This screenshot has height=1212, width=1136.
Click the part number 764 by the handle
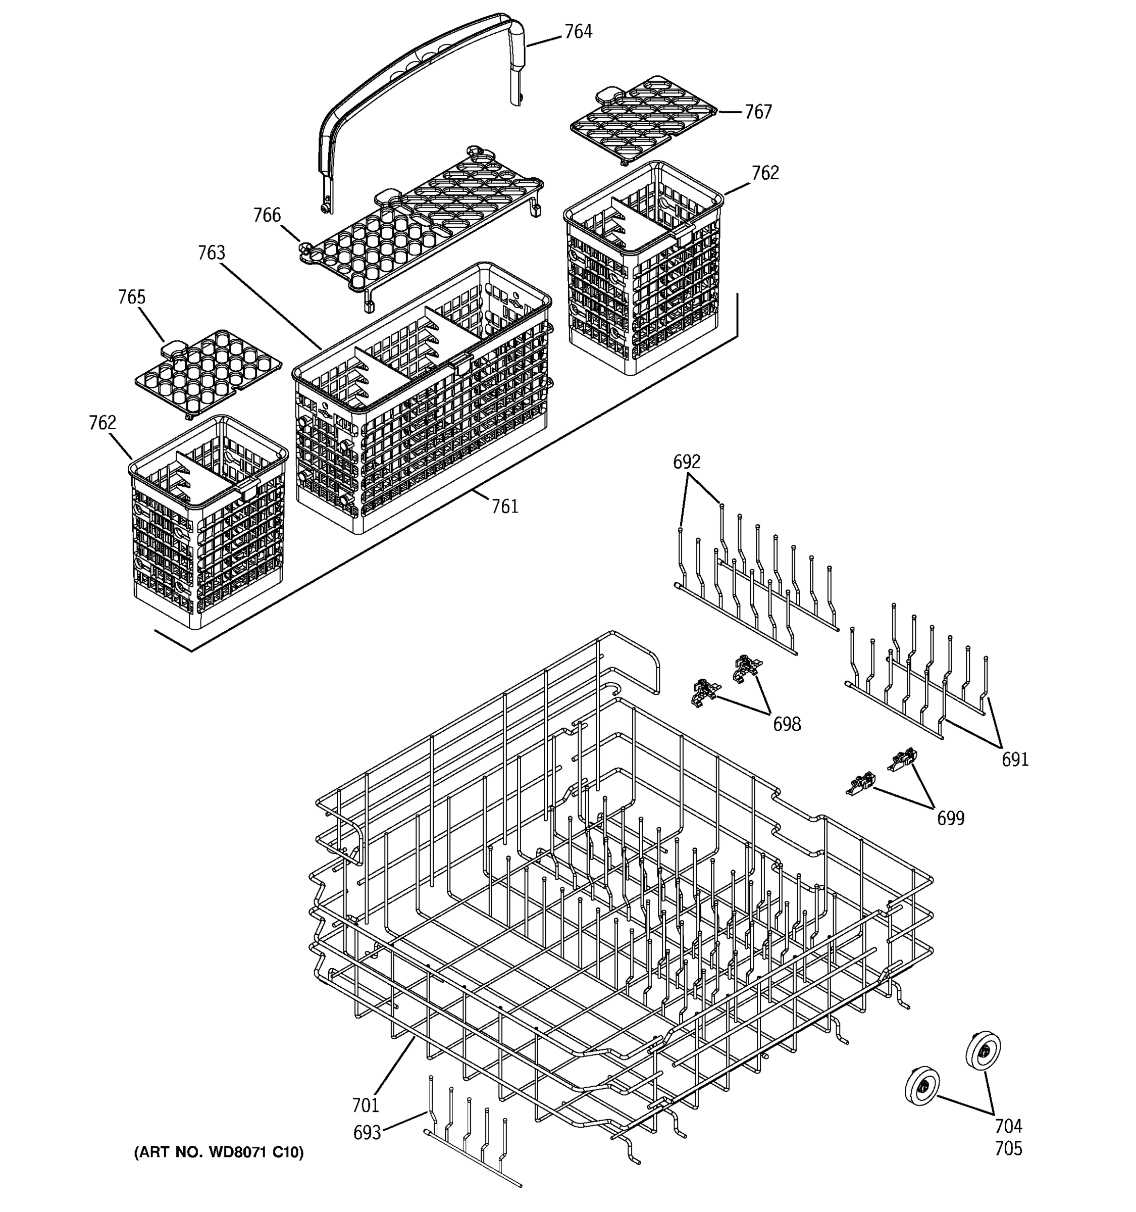coord(578,32)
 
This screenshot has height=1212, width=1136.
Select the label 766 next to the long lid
coord(267,215)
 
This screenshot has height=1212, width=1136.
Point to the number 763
coord(211,253)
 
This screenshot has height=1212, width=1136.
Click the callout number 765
coord(132,297)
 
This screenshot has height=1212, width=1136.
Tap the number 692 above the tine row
coord(686,462)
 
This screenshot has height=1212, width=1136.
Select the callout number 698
coord(786,724)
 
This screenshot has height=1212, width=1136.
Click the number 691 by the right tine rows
coord(1015,760)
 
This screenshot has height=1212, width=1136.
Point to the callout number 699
coord(950,819)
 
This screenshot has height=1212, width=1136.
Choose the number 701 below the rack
coord(365,1105)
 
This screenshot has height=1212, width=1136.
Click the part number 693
coord(367,1133)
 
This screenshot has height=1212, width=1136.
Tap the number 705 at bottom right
coord(1008,1148)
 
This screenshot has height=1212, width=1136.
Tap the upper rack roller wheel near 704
coord(983,1050)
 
